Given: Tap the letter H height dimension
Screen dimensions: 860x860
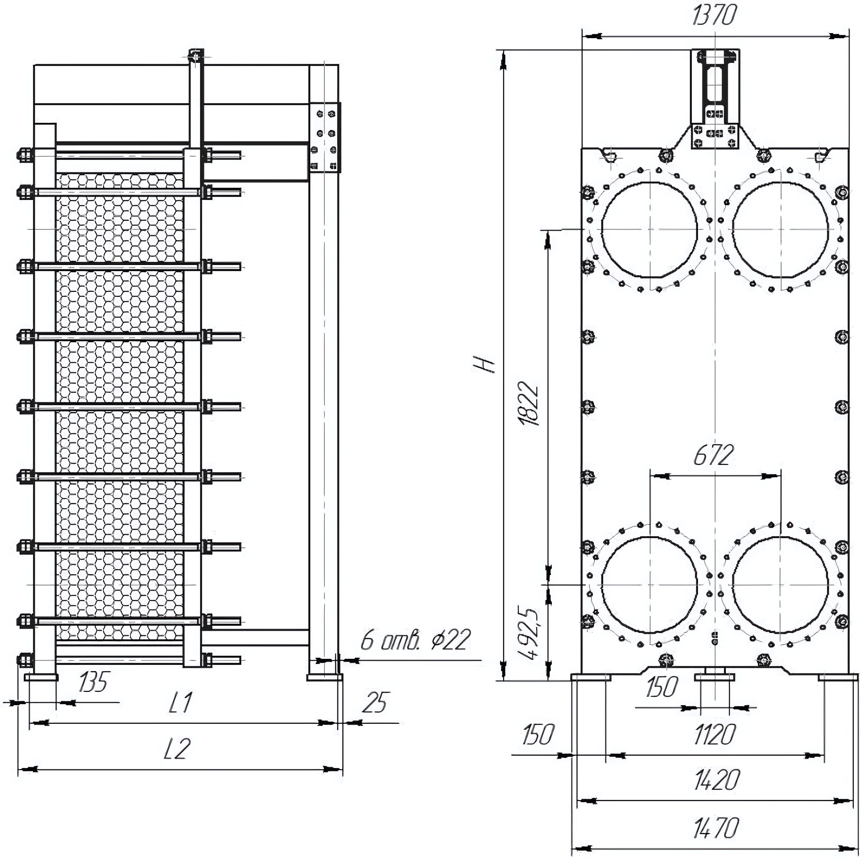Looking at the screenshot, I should (484, 365).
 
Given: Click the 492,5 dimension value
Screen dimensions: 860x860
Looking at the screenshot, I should (530, 634).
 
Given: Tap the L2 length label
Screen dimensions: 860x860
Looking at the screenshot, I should (177, 749).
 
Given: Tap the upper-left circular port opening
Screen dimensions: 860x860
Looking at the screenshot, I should (650, 229).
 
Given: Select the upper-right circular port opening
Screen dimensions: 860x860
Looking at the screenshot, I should (780, 229).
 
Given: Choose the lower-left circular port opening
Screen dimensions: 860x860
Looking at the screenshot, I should (650, 584).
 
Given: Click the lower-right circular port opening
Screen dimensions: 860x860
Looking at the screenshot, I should (780, 584).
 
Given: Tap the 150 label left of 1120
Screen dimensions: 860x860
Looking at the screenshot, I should (538, 735).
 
